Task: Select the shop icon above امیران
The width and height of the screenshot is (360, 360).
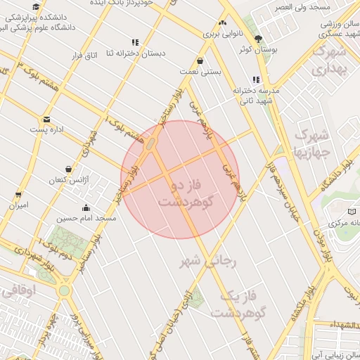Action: (x=18, y=195)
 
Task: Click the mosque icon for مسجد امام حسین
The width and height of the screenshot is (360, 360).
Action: (x=86, y=207)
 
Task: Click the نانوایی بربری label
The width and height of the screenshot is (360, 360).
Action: (x=222, y=33)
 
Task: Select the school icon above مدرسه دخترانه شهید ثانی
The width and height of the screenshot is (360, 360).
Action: (x=256, y=79)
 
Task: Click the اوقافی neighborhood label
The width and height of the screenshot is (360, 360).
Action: (x=15, y=291)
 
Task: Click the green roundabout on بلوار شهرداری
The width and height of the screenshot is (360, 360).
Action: (x=64, y=289)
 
